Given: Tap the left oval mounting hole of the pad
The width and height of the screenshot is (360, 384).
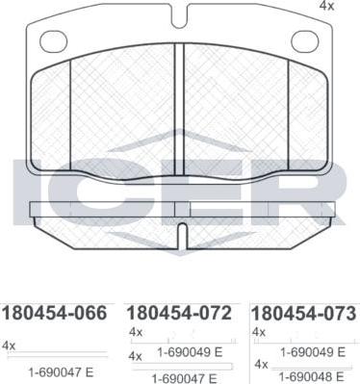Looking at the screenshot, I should [54, 41].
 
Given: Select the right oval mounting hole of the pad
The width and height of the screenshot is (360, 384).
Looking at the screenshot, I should [304, 40].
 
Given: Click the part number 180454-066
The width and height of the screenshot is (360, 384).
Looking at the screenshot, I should [56, 313].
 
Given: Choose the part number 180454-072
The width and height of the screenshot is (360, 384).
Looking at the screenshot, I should [179, 313].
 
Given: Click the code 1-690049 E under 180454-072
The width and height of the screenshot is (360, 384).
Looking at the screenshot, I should [189, 353].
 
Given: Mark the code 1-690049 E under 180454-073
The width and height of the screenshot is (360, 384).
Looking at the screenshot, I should [314, 353].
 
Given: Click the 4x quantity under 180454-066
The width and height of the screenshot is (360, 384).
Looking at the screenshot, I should [10, 344].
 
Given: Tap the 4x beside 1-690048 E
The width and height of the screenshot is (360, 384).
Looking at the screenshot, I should [261, 365].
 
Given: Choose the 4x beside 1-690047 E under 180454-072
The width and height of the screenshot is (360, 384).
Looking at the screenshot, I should [136, 356].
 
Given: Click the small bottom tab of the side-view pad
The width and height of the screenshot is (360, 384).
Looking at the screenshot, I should [180, 234].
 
